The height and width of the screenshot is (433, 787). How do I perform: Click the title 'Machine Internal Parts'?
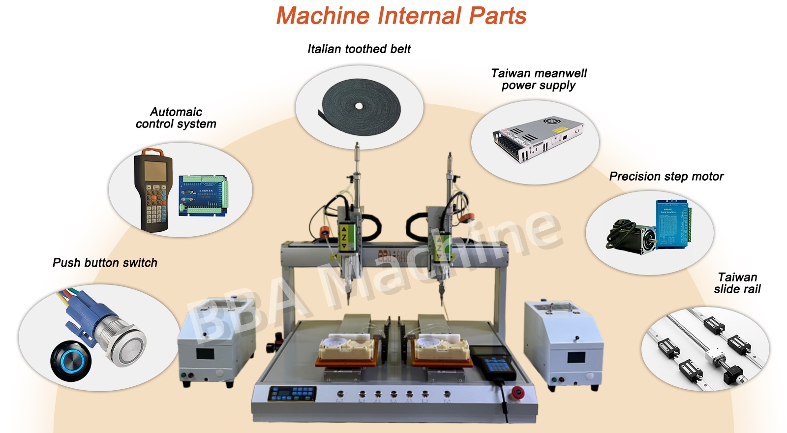click(401, 16)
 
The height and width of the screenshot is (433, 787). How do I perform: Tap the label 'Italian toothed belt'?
click(359, 49)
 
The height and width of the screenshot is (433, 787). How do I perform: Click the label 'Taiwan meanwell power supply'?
click(539, 79)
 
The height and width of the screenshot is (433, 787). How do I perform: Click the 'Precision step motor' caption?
click(666, 177)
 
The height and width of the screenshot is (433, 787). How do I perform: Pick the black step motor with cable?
click(633, 237)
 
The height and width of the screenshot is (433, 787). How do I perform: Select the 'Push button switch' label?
click(105, 263)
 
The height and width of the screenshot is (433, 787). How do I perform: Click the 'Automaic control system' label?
click(176, 118)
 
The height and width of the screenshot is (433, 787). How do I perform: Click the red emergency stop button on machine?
click(517, 393)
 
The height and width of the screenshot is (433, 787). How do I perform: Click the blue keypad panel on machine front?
click(292, 394)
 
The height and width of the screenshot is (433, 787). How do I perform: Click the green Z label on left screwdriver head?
click(344, 237)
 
